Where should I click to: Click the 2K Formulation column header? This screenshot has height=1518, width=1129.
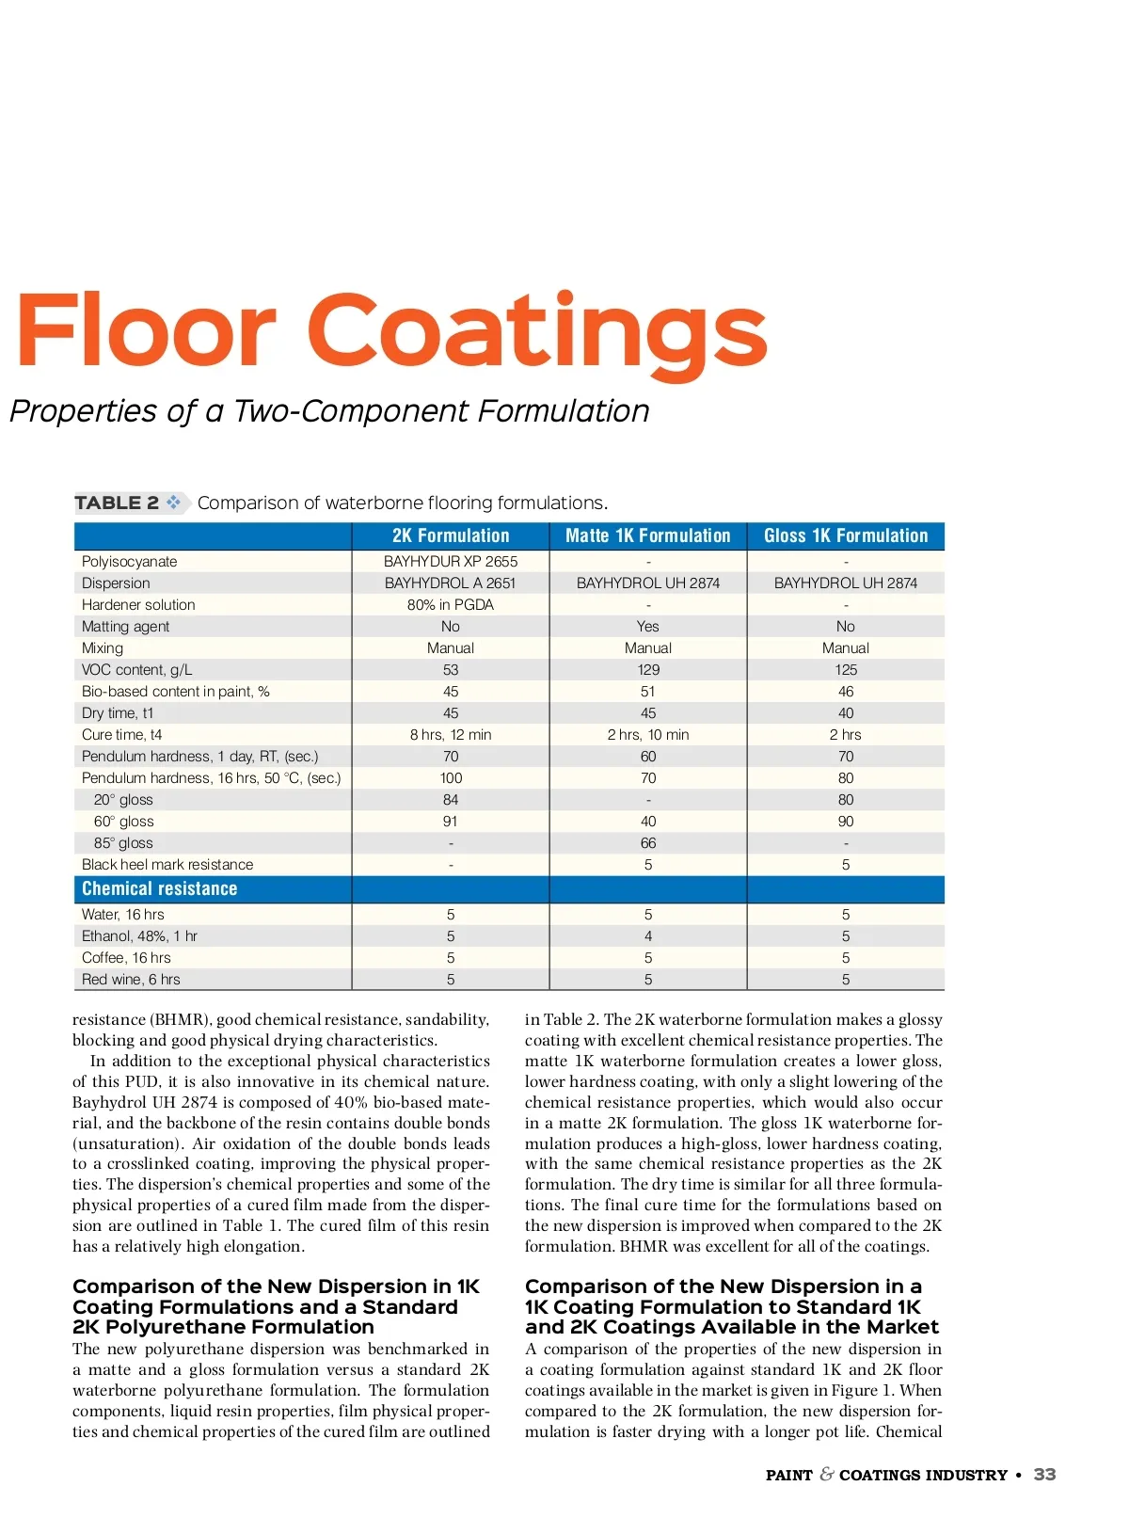[451, 535]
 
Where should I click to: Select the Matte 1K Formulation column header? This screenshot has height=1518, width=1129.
[647, 535]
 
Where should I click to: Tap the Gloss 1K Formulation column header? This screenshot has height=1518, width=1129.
[845, 535]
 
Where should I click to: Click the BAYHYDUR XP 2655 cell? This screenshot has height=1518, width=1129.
[451, 561]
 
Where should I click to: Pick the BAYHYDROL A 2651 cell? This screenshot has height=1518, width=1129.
[451, 583]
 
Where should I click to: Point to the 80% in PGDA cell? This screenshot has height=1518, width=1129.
[451, 604]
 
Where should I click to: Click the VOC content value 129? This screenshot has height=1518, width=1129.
[648, 669]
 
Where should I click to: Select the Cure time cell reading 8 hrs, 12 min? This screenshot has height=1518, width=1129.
[451, 734]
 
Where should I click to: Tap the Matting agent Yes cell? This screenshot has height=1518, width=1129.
[648, 626]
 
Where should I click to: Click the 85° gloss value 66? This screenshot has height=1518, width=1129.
[648, 842]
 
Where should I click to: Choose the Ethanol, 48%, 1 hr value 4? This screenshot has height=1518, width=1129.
[648, 935]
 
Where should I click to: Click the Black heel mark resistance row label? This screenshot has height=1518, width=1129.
[167, 864]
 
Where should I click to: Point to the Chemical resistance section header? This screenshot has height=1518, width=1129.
[160, 888]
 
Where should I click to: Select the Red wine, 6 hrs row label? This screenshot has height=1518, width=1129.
[131, 979]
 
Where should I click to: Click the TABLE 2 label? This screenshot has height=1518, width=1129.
[117, 503]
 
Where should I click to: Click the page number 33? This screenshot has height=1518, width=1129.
[1044, 1475]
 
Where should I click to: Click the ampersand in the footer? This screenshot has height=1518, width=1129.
[826, 1474]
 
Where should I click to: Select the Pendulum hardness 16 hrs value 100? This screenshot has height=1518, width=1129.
[451, 777]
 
